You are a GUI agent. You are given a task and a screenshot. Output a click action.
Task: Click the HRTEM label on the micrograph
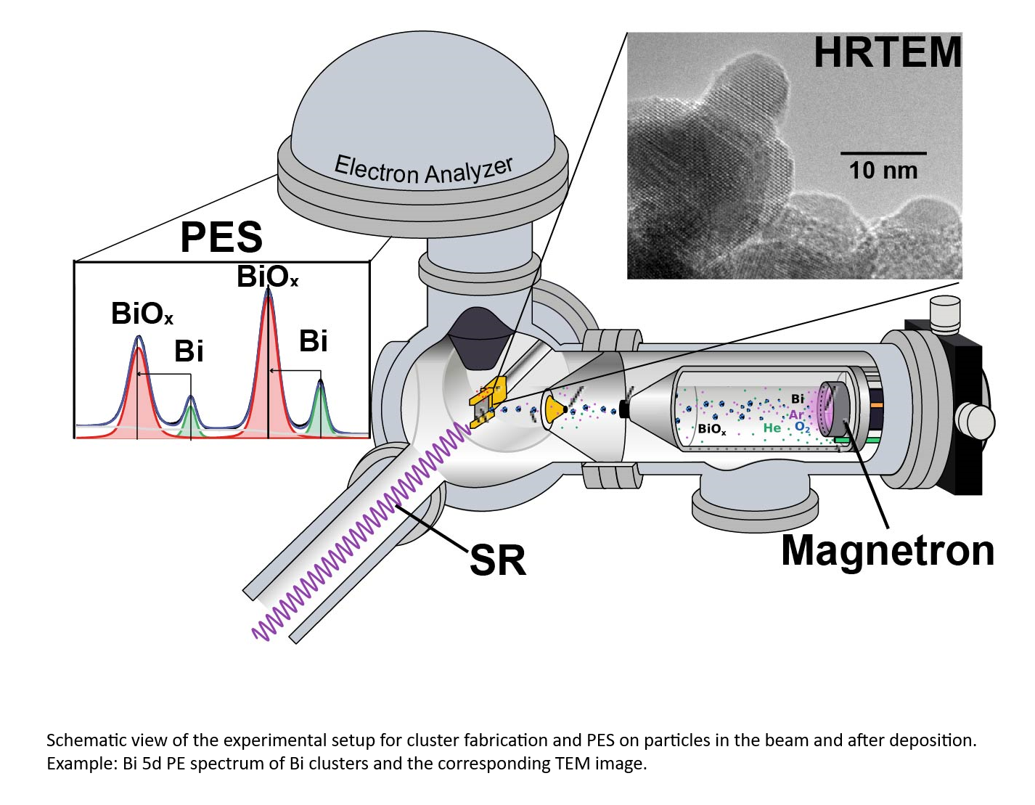[887, 52]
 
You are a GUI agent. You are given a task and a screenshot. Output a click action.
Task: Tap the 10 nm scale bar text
[883, 171]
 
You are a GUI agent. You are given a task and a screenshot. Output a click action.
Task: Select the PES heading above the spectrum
[221, 237]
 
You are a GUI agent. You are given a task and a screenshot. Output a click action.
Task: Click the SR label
[498, 560]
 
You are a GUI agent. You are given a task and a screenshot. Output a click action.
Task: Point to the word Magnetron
[887, 550]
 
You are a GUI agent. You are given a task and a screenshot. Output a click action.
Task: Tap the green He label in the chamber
[772, 428]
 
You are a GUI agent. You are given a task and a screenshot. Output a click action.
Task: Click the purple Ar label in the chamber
[796, 415]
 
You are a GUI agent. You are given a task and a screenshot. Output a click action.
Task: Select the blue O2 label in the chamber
[802, 428]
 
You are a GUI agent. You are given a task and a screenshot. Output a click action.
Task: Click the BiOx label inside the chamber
[711, 429]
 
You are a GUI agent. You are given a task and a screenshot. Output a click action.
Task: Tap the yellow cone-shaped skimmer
[555, 410]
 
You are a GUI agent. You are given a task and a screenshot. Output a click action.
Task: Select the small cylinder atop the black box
[944, 312]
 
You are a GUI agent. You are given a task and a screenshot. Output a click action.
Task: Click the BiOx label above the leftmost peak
[142, 314]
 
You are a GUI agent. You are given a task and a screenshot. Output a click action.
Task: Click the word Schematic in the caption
[80, 740]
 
